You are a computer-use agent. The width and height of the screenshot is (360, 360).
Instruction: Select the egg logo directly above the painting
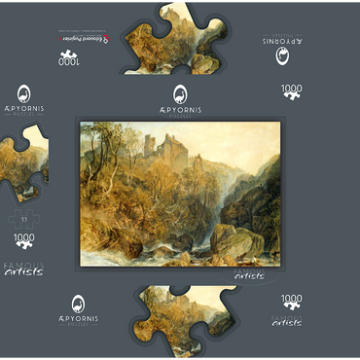click(180, 93)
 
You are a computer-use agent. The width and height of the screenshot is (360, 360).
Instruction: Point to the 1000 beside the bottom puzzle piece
click(291, 302)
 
